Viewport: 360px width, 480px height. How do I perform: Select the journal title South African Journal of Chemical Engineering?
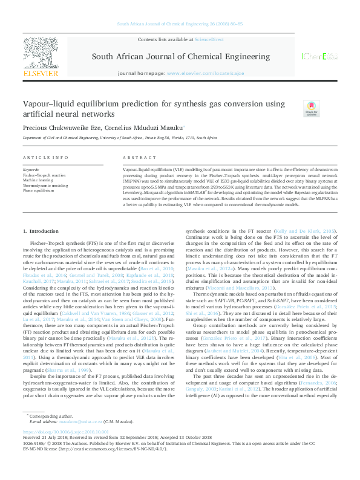click(x=180, y=57)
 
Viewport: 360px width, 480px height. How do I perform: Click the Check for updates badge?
click(x=311, y=109)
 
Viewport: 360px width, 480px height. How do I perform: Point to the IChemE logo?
click(x=319, y=57)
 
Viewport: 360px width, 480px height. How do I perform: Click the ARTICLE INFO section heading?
click(x=45, y=157)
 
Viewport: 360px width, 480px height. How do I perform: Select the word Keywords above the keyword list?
click(x=31, y=170)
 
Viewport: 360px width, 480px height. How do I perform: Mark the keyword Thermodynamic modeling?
click(x=45, y=185)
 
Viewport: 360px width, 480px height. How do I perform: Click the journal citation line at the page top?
click(x=179, y=24)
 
